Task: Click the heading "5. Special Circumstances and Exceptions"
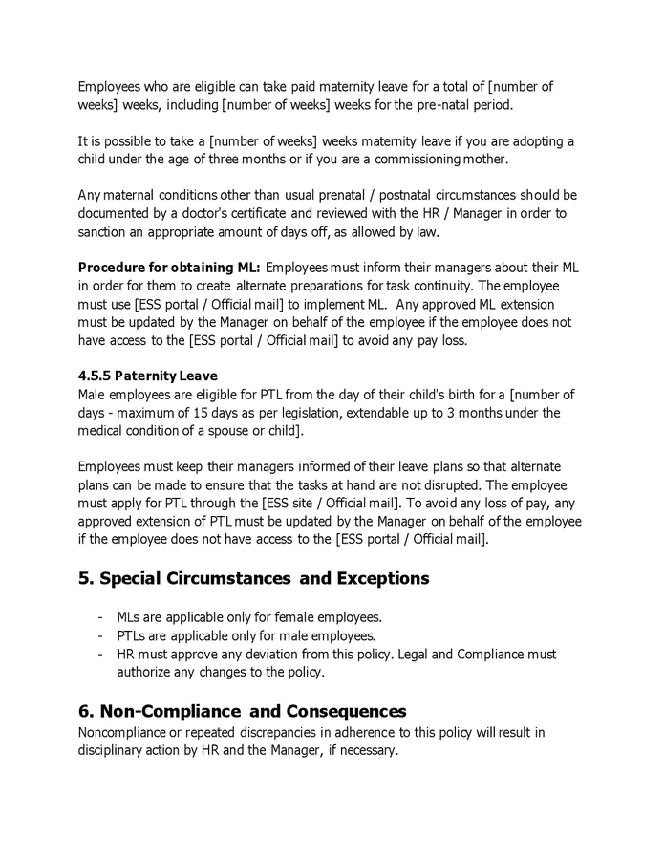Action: [253, 579]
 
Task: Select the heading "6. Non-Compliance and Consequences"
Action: [242, 712]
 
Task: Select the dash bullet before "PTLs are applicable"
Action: [102, 636]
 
